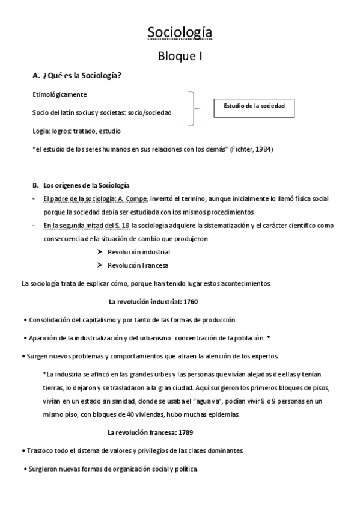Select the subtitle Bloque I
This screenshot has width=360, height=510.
tap(180, 57)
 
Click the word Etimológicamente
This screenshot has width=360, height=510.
tap(59, 95)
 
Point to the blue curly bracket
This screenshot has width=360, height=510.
tap(192, 109)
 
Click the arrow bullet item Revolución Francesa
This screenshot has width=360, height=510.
tap(138, 265)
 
